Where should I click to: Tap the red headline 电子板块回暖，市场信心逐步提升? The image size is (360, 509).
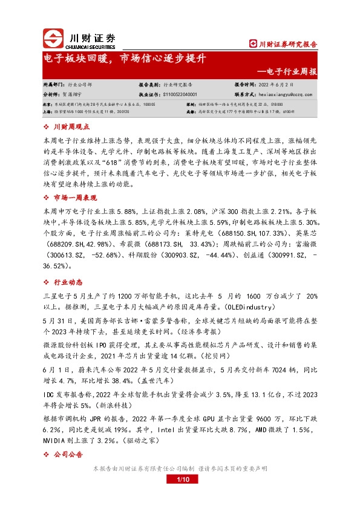126,59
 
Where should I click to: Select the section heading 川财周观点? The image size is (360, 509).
71,127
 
